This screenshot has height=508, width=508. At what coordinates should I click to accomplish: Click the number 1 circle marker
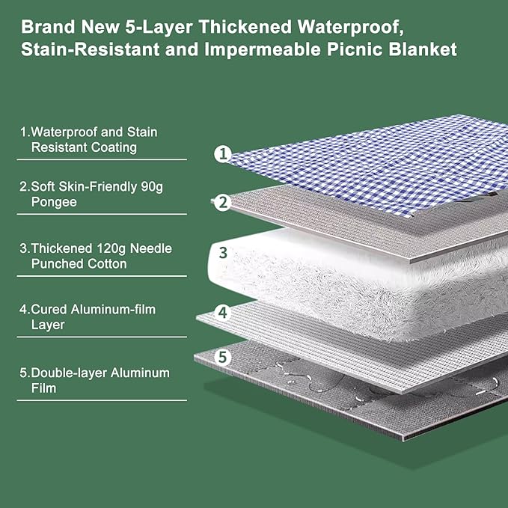point(222,154)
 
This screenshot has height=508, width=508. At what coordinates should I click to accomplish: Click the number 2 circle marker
point(222,202)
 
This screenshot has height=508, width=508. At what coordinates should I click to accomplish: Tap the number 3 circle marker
point(222,252)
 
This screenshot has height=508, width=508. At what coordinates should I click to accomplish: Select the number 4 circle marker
point(222,311)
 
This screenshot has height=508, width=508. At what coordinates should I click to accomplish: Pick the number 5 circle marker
point(222,358)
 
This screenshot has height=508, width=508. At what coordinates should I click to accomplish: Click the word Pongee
point(54,202)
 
